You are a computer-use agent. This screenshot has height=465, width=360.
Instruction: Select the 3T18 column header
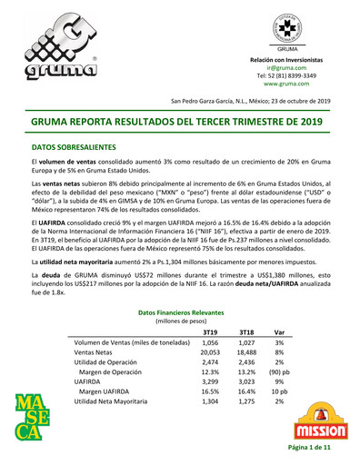(x=245, y=331)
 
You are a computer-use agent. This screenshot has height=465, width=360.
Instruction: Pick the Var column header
(x=279, y=331)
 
